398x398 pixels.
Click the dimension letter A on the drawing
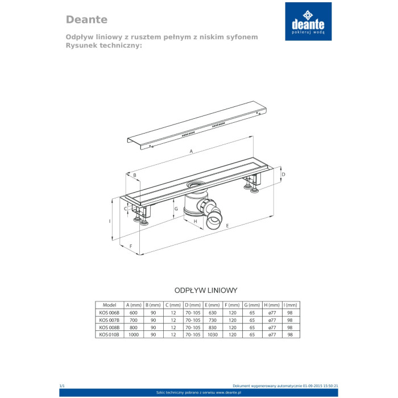192,151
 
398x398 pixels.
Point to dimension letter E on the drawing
227,226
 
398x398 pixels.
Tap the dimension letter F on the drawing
131,246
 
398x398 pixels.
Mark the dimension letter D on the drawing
283,174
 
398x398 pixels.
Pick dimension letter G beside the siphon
177,209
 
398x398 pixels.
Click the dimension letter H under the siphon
195,221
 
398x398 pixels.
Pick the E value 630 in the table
213,313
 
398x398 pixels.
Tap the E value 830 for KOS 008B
213,327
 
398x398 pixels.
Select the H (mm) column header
271,305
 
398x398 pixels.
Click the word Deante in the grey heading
86,19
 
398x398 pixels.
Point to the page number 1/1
63,386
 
